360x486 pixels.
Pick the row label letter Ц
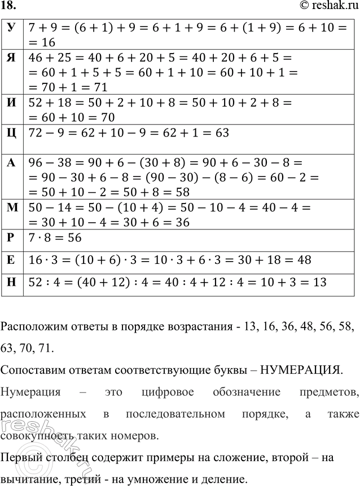11,134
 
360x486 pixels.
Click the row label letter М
12,209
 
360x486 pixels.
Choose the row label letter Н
11,281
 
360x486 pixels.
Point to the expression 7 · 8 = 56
55,238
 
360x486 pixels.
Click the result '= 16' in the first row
42,42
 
